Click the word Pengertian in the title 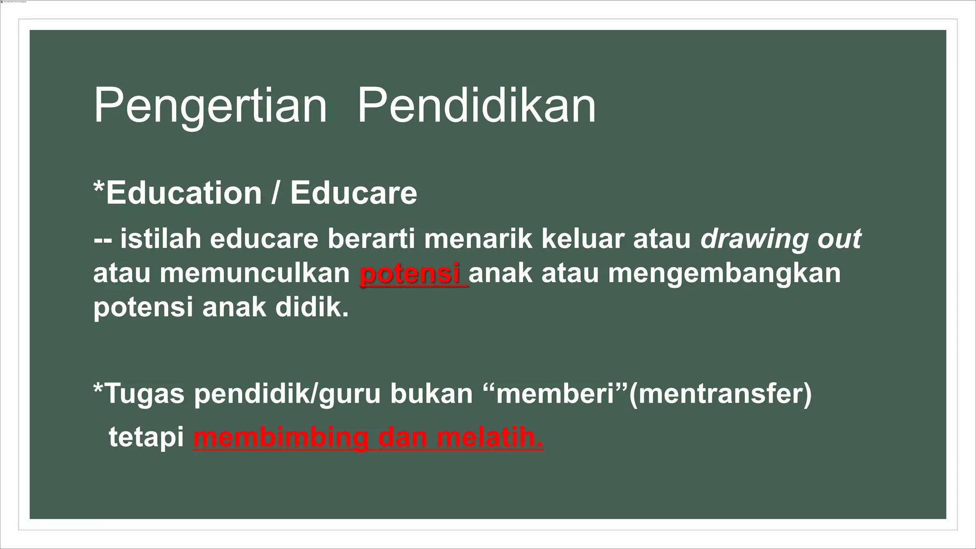pyautogui.click(x=210, y=106)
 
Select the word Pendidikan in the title pyautogui.click(x=477, y=106)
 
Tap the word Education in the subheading pyautogui.click(x=183, y=193)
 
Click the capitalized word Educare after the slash pyautogui.click(x=354, y=193)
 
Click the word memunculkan pyautogui.click(x=255, y=273)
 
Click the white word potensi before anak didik pyautogui.click(x=143, y=307)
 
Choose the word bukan pyautogui.click(x=431, y=394)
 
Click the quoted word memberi pyautogui.click(x=555, y=394)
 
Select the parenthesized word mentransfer pyautogui.click(x=720, y=394)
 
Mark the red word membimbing pyautogui.click(x=281, y=437)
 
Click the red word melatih pyautogui.click(x=489, y=437)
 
